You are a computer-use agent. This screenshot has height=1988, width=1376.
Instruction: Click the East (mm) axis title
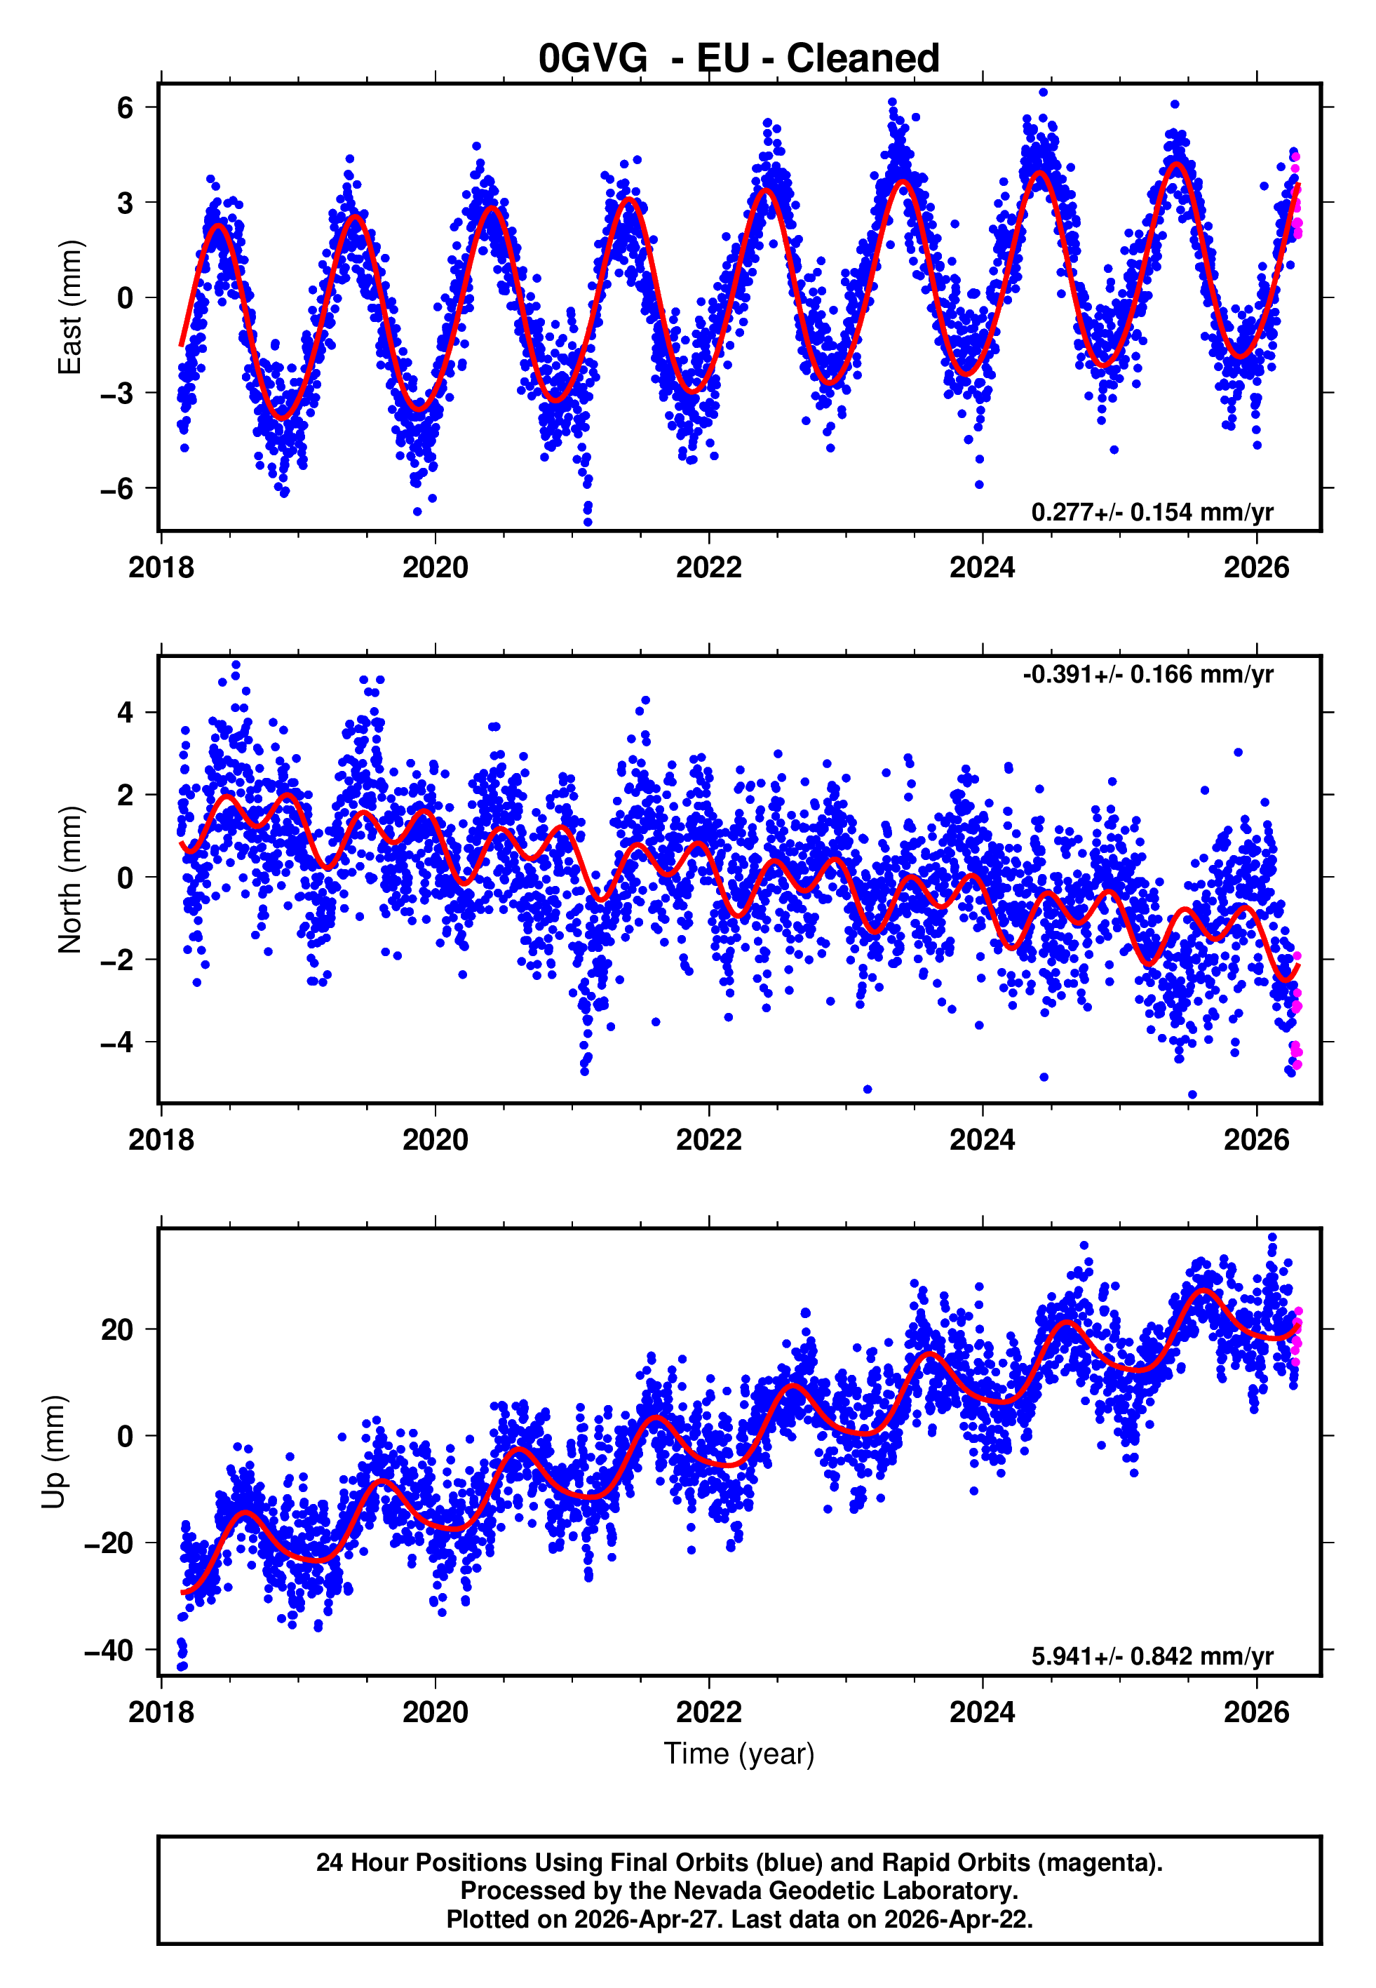tap(69, 307)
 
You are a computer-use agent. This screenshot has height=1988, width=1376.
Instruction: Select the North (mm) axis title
tap(69, 880)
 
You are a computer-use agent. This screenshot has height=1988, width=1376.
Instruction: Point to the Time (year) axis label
tap(739, 1754)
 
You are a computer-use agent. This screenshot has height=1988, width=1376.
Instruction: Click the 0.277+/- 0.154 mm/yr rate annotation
tap(1152, 512)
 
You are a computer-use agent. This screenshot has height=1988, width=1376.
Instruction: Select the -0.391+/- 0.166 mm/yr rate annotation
tap(1147, 674)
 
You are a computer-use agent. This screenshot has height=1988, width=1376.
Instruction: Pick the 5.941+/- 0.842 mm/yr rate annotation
tap(1152, 1656)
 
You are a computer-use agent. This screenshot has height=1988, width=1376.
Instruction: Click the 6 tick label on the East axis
tap(126, 108)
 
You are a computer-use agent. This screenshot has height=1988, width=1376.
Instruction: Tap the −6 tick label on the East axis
tap(117, 489)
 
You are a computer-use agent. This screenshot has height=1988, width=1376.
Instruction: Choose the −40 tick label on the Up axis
tap(109, 1650)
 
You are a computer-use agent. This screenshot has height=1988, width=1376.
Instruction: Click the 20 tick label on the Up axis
tap(117, 1329)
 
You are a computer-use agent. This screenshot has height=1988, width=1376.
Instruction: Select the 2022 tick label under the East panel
tap(709, 567)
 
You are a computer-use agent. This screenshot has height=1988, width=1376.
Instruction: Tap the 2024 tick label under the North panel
tap(982, 1140)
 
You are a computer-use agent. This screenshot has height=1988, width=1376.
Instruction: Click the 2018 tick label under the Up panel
tap(161, 1712)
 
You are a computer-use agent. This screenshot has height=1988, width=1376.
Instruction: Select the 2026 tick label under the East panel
tap(1256, 567)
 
